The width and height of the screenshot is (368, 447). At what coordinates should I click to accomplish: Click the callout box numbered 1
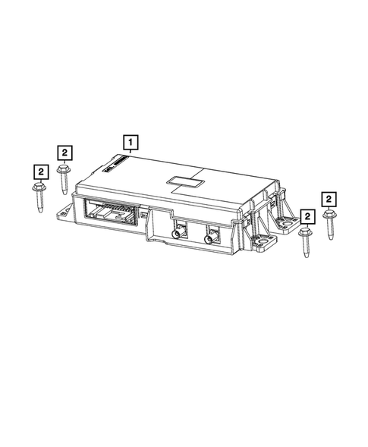coord(131,141)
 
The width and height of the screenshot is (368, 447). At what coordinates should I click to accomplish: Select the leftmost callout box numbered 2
coord(40,172)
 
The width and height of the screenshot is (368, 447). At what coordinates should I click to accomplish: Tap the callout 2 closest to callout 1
coord(65,153)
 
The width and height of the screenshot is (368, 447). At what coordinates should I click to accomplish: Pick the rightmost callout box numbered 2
coord(329,199)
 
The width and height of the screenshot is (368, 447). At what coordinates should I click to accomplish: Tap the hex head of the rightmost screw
coord(329,216)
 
